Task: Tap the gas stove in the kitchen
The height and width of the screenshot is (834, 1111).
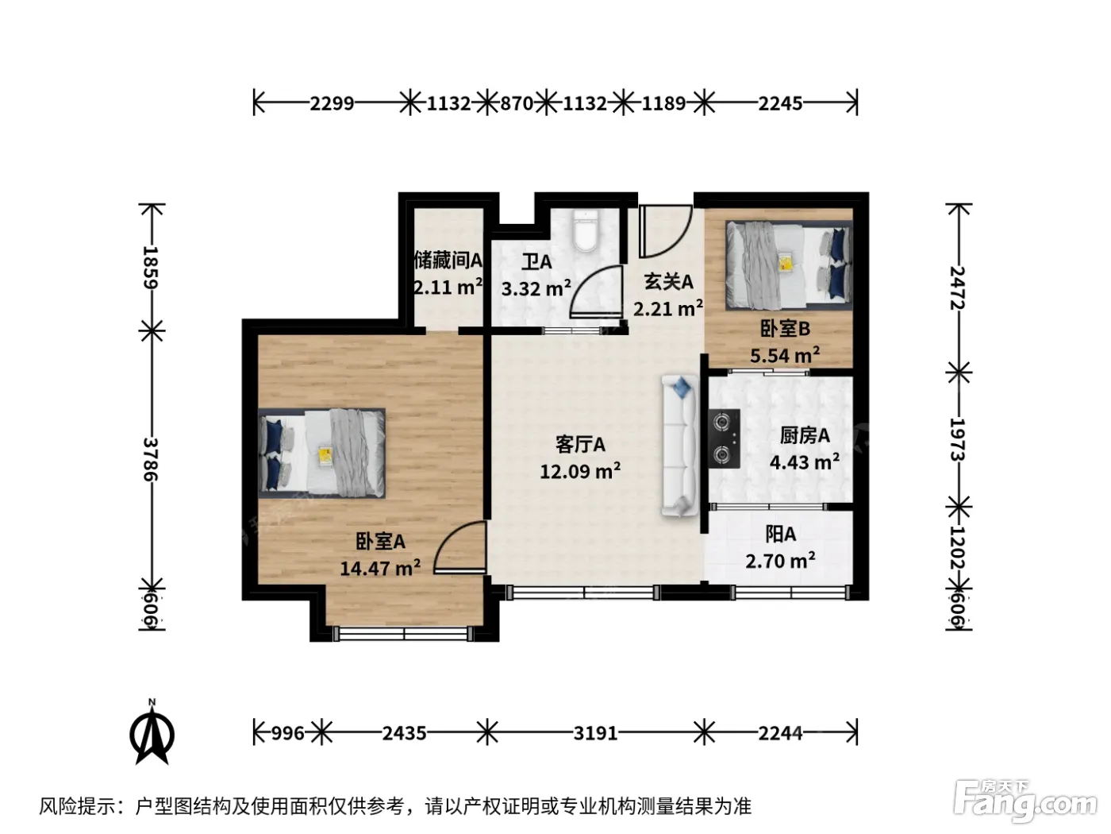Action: point(724,438)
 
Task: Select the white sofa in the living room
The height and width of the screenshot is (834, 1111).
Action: point(679,446)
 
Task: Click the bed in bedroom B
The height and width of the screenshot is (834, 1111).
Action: point(789,264)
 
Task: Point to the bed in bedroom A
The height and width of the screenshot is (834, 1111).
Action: point(322,452)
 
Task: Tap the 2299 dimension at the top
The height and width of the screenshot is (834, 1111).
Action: point(332,103)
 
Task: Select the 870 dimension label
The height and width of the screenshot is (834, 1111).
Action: point(517,103)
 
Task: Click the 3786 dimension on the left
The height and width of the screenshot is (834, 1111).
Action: point(151,459)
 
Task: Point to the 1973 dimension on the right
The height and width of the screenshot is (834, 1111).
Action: point(958,439)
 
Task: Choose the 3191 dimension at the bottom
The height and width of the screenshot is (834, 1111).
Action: point(595,732)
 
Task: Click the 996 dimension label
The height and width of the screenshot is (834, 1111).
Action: point(287,732)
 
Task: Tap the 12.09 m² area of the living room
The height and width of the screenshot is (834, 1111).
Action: point(580,472)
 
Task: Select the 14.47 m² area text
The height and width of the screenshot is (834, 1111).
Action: point(379,568)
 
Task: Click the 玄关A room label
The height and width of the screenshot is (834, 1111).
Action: point(668,281)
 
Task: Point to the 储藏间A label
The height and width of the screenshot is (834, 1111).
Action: point(448,261)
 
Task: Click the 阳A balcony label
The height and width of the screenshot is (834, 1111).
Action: point(781,535)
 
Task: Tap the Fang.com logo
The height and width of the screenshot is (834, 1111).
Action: point(1025,801)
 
